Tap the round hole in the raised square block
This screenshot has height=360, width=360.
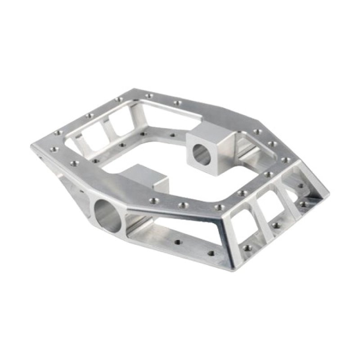(x=201, y=154)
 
